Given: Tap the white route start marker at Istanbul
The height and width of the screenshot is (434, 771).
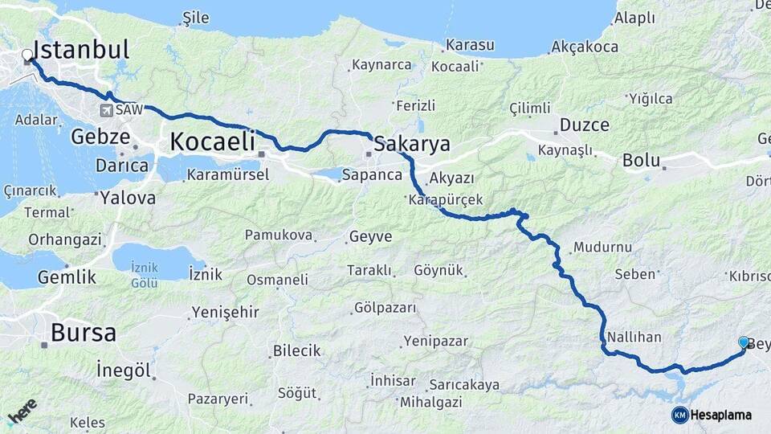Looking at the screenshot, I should click(28, 55).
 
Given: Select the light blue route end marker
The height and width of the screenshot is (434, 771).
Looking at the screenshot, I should click(743, 342).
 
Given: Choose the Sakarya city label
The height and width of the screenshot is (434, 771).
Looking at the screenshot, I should click(414, 145).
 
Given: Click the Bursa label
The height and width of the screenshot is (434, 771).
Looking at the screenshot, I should click(84, 332).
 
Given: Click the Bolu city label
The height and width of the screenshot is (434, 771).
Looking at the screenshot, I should click(641, 160).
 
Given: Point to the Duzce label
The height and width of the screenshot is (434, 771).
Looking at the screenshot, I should click(584, 125).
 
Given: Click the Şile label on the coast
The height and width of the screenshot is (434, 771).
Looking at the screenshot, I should click(195, 17).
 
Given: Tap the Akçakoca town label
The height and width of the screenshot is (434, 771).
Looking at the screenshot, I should click(584, 47).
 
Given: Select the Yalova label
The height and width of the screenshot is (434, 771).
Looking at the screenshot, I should click(128, 197).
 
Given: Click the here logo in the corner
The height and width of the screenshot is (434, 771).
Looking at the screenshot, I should click(22, 411).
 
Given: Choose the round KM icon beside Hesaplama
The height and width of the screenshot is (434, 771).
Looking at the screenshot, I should click(679, 415).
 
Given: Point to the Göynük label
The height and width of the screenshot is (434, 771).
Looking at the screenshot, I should click(439, 271).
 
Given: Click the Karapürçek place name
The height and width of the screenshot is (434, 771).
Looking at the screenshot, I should click(445, 200).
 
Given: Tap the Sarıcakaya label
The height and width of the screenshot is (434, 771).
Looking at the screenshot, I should click(464, 384).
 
